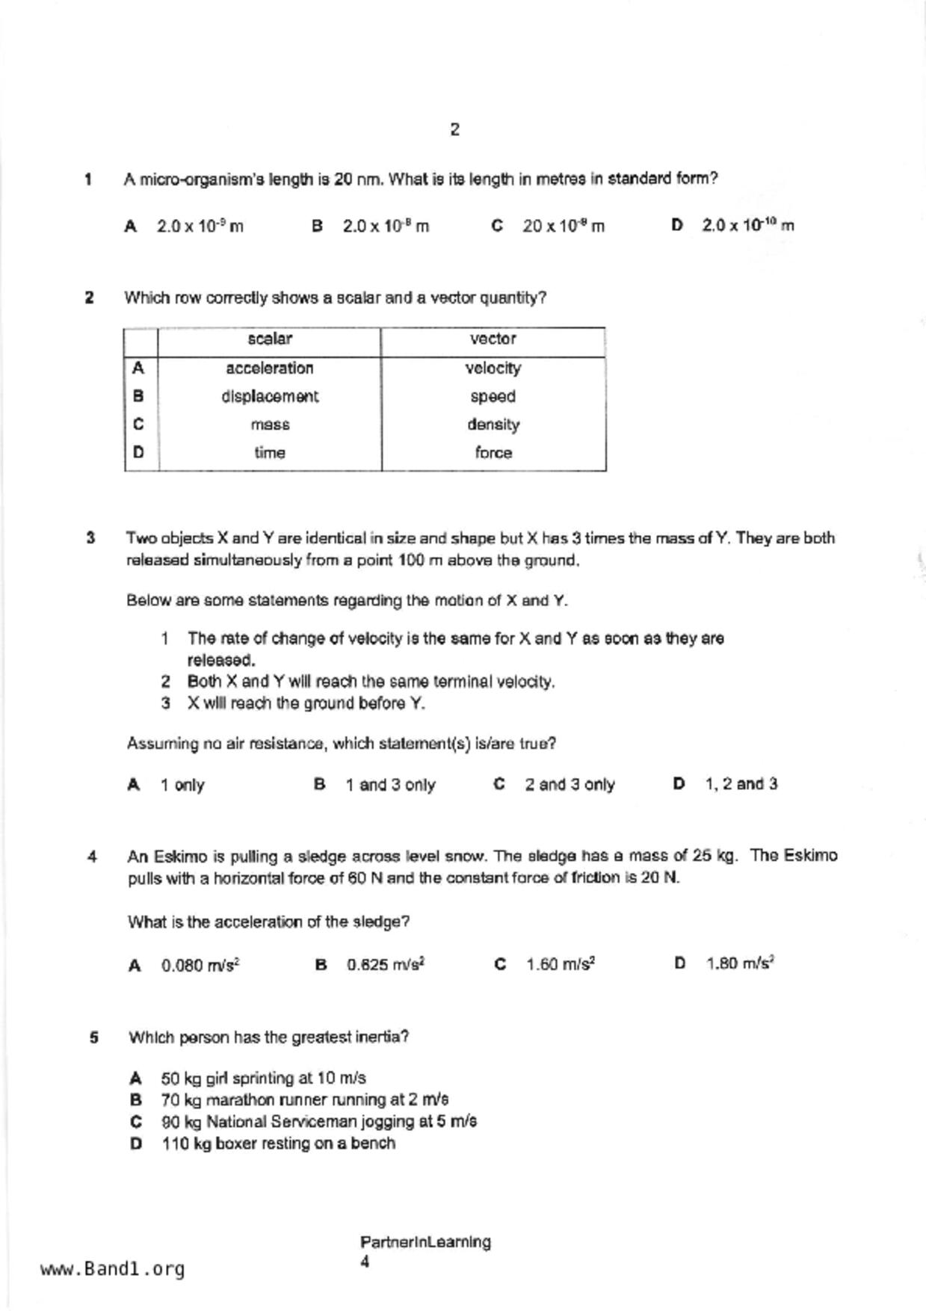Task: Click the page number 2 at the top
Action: (454, 130)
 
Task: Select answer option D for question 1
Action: (747, 225)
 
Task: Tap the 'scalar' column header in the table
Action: (270, 339)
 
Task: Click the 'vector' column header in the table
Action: (493, 339)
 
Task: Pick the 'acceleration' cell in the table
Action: (270, 368)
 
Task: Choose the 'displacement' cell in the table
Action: (270, 397)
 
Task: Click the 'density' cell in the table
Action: (493, 425)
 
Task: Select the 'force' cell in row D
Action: (493, 453)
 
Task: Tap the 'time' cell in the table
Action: (270, 453)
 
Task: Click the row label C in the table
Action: (138, 425)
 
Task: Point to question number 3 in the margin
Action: (90, 538)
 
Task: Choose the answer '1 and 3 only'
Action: (389, 785)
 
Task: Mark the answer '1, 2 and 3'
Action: (740, 784)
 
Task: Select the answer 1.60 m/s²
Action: (560, 964)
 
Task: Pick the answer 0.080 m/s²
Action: (200, 966)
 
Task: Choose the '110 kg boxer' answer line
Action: (278, 1144)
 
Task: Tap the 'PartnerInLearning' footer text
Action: (425, 1242)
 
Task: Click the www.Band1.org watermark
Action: (113, 1269)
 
